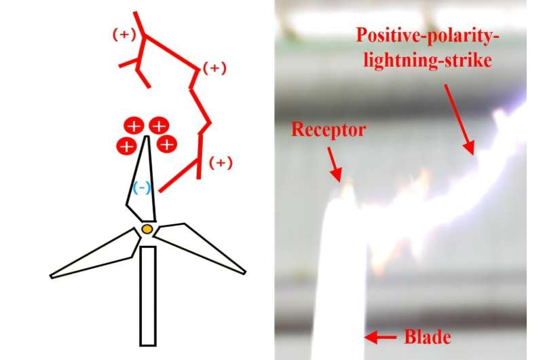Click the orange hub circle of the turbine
147,230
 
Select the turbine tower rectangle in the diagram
148,295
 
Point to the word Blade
428,336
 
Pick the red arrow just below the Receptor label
334,166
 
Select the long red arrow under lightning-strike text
459,120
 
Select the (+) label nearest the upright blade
219,163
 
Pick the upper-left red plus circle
134,126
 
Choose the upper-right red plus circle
159,126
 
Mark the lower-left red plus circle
126,145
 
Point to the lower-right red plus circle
166,144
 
